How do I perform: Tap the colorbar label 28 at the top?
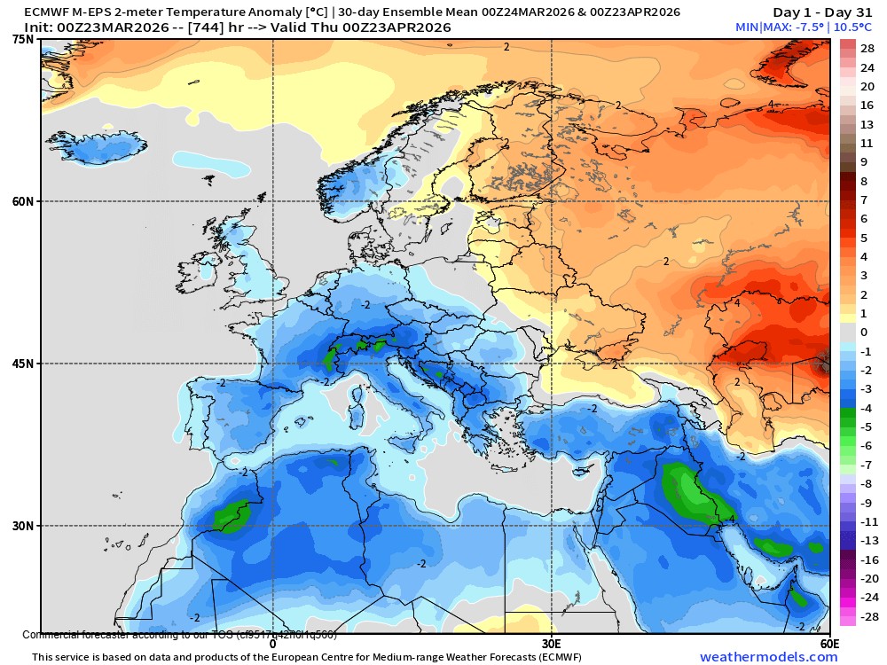click(x=867, y=48)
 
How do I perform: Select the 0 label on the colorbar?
click(x=863, y=332)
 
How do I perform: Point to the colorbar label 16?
click(x=867, y=105)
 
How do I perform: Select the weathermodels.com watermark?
click(x=768, y=657)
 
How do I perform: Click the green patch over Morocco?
click(x=232, y=514)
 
